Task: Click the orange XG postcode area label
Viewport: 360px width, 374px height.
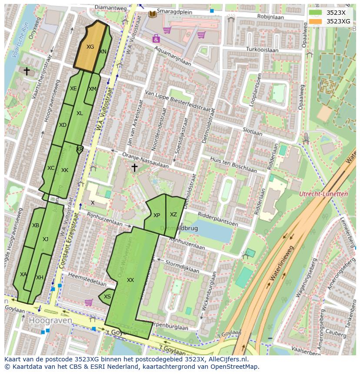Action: (x=90, y=46)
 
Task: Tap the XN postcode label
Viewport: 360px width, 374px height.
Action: (x=103, y=51)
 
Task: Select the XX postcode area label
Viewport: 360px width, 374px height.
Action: (x=130, y=280)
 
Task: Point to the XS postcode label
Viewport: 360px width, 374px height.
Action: (x=107, y=297)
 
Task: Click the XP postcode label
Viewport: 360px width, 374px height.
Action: (x=157, y=215)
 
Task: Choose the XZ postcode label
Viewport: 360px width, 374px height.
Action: (x=173, y=214)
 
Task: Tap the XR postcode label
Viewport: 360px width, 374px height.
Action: (x=80, y=149)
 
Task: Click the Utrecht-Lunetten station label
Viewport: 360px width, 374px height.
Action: (x=324, y=194)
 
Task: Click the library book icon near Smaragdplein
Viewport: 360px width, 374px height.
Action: (x=153, y=14)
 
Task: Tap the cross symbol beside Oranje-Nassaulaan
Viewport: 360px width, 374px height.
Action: (x=134, y=167)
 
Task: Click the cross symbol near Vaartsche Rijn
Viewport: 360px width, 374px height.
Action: (x=27, y=71)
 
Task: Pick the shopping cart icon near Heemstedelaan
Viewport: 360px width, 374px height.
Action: (x=88, y=302)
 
